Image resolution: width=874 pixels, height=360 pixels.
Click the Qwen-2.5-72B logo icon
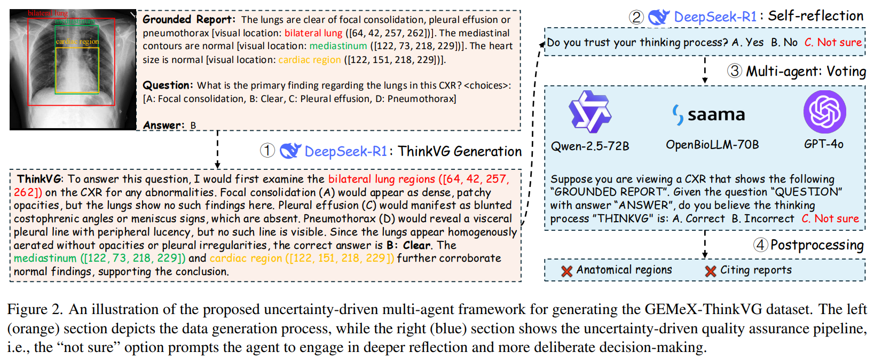click(589, 112)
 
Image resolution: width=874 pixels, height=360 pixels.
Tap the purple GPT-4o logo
click(824, 112)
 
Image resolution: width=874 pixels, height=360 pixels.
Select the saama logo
click(708, 114)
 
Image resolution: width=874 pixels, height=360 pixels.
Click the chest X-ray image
click(73, 69)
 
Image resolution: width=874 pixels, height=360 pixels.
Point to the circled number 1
click(267, 151)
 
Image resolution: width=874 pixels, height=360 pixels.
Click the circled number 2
click(636, 17)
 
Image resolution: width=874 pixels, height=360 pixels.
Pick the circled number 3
click(735, 71)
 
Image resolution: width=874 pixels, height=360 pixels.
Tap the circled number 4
click(760, 245)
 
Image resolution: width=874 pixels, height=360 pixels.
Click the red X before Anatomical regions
click(566, 271)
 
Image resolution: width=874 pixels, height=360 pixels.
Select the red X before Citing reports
click(710, 271)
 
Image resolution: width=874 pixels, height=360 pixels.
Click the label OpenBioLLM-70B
click(712, 145)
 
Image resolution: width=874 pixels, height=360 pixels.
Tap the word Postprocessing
click(817, 245)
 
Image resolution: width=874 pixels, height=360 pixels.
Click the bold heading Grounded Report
click(188, 20)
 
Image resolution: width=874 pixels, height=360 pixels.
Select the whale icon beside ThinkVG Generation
click(290, 151)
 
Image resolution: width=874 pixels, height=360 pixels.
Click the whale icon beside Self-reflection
click(659, 17)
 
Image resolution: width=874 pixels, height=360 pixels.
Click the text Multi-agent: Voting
click(806, 71)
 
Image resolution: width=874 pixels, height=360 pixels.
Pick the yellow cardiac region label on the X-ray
click(77, 42)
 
